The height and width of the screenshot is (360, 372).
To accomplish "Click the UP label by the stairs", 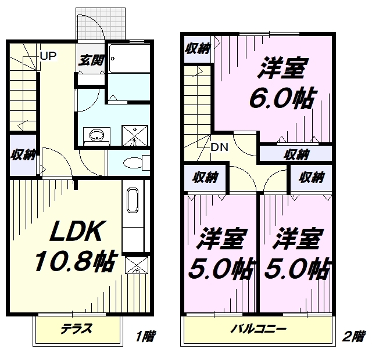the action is (48, 56).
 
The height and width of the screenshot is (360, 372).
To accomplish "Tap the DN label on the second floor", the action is (220, 147).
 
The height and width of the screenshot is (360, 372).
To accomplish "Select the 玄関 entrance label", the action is (91, 60).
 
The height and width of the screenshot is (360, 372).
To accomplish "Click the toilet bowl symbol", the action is (133, 163).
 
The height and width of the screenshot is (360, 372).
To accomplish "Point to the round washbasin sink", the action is (97, 135).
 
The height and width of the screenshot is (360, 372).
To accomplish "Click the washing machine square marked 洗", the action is (135, 135).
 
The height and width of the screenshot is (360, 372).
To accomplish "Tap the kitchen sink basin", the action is (133, 200).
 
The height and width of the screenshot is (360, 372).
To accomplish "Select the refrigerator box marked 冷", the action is (136, 265).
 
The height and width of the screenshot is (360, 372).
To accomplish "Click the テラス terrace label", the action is (76, 329).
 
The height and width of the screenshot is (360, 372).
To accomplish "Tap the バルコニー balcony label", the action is (259, 329).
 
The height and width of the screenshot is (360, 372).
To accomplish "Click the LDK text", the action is (76, 231).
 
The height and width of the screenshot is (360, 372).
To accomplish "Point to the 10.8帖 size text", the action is (76, 261).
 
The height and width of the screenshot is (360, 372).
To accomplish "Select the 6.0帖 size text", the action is (282, 98).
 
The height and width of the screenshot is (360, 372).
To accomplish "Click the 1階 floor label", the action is (146, 336).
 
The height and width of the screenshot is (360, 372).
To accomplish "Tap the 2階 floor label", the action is (353, 336).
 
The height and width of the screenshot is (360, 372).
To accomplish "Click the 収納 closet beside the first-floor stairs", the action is (23, 155).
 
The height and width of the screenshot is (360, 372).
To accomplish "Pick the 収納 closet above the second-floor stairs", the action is (198, 49).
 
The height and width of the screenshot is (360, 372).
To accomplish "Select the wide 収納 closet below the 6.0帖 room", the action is (296, 154).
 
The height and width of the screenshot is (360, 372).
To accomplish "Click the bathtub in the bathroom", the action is (129, 58).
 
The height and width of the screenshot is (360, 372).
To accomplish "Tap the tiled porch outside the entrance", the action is (101, 24).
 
